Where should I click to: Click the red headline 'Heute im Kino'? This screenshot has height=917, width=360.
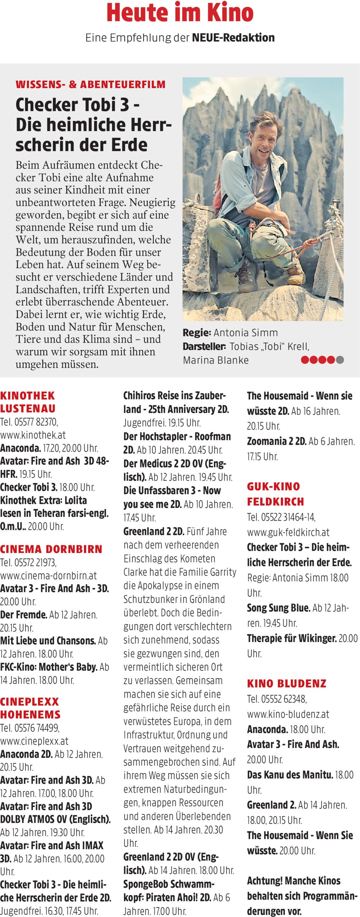point(180,13)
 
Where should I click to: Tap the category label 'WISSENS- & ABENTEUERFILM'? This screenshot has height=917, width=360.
point(90,84)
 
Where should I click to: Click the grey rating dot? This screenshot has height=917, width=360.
point(340,360)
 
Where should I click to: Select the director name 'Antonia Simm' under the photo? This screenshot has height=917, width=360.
point(246,332)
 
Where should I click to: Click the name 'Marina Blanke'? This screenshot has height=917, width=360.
point(216,360)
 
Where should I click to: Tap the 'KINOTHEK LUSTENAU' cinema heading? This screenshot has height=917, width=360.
point(28,402)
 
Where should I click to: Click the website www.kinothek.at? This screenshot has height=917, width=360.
point(33,435)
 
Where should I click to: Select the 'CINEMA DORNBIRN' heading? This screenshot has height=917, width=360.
point(51,549)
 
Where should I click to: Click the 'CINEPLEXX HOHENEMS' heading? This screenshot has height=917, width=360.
point(30,708)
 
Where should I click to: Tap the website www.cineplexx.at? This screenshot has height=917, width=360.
point(34,741)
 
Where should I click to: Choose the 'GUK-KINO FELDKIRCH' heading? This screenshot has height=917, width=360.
point(275,494)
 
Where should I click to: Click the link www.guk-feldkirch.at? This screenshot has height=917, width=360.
point(288,532)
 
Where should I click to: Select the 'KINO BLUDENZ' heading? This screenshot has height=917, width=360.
point(287,683)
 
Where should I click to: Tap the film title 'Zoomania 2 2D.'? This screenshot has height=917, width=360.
point(277,441)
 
